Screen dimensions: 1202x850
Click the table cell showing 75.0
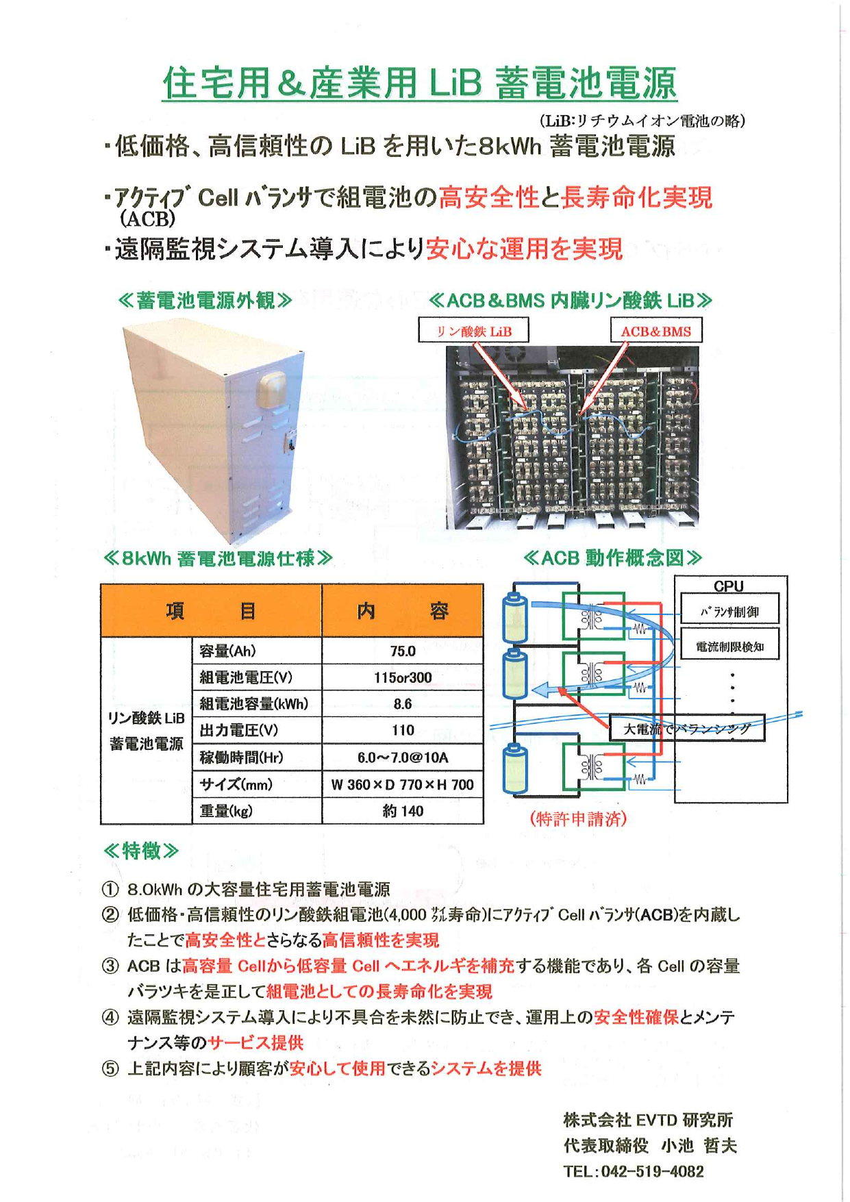pos(403,651)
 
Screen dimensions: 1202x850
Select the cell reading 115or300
pos(403,677)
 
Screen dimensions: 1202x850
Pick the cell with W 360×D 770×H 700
pos(403,785)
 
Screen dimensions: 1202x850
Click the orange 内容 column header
pos(403,610)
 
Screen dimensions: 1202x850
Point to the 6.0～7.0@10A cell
pos(403,757)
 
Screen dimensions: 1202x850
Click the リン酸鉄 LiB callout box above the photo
pos(473,331)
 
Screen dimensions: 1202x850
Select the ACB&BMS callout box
pos(655,331)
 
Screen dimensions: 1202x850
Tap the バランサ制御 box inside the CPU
pos(729,611)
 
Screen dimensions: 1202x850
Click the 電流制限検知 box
pos(729,647)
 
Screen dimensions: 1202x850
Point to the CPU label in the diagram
pos(728,586)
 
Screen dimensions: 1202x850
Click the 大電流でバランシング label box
pos(686,729)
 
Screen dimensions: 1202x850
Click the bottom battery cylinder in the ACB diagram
pos(514,768)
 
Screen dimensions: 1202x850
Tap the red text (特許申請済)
pos(578,818)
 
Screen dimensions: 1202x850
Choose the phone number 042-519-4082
pos(652,1172)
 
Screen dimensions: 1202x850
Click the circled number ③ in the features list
pos(110,966)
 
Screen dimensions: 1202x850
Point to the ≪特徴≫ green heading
pos(141,851)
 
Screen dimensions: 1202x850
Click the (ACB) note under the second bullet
pos(147,219)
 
